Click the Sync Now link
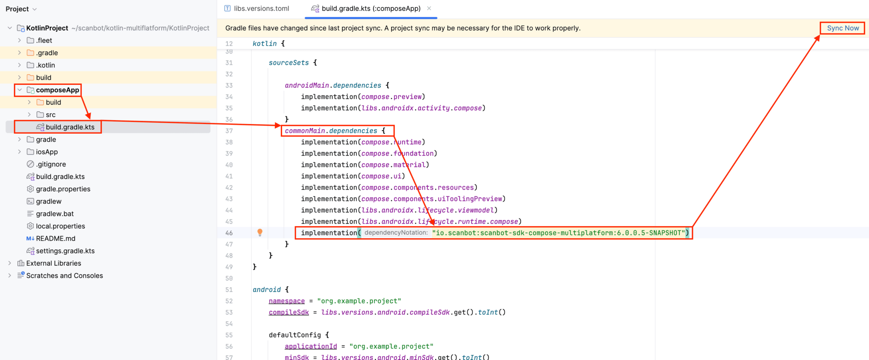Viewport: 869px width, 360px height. pos(843,28)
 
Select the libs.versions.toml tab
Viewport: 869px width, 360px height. pos(261,8)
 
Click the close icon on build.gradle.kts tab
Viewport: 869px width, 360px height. pos(429,8)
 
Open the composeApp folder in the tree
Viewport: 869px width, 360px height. pos(57,90)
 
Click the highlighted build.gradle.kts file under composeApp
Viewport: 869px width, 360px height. pos(70,127)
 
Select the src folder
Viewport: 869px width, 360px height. pos(50,115)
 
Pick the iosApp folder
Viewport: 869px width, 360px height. pos(47,152)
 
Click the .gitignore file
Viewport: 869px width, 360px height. pos(51,164)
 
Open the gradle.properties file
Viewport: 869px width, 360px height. pos(63,189)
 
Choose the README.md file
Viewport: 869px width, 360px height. pos(55,239)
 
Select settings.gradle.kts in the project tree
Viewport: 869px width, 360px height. pos(65,251)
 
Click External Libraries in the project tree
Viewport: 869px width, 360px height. pos(53,263)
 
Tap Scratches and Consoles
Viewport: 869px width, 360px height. pos(64,276)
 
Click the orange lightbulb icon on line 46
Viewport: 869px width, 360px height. pos(260,232)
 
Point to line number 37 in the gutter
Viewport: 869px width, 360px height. pos(229,131)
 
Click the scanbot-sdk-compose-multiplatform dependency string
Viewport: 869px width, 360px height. pos(558,233)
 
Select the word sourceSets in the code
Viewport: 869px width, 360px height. pos(289,63)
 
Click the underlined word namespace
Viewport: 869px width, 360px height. pos(286,301)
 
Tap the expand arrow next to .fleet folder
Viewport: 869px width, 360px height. pos(20,40)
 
